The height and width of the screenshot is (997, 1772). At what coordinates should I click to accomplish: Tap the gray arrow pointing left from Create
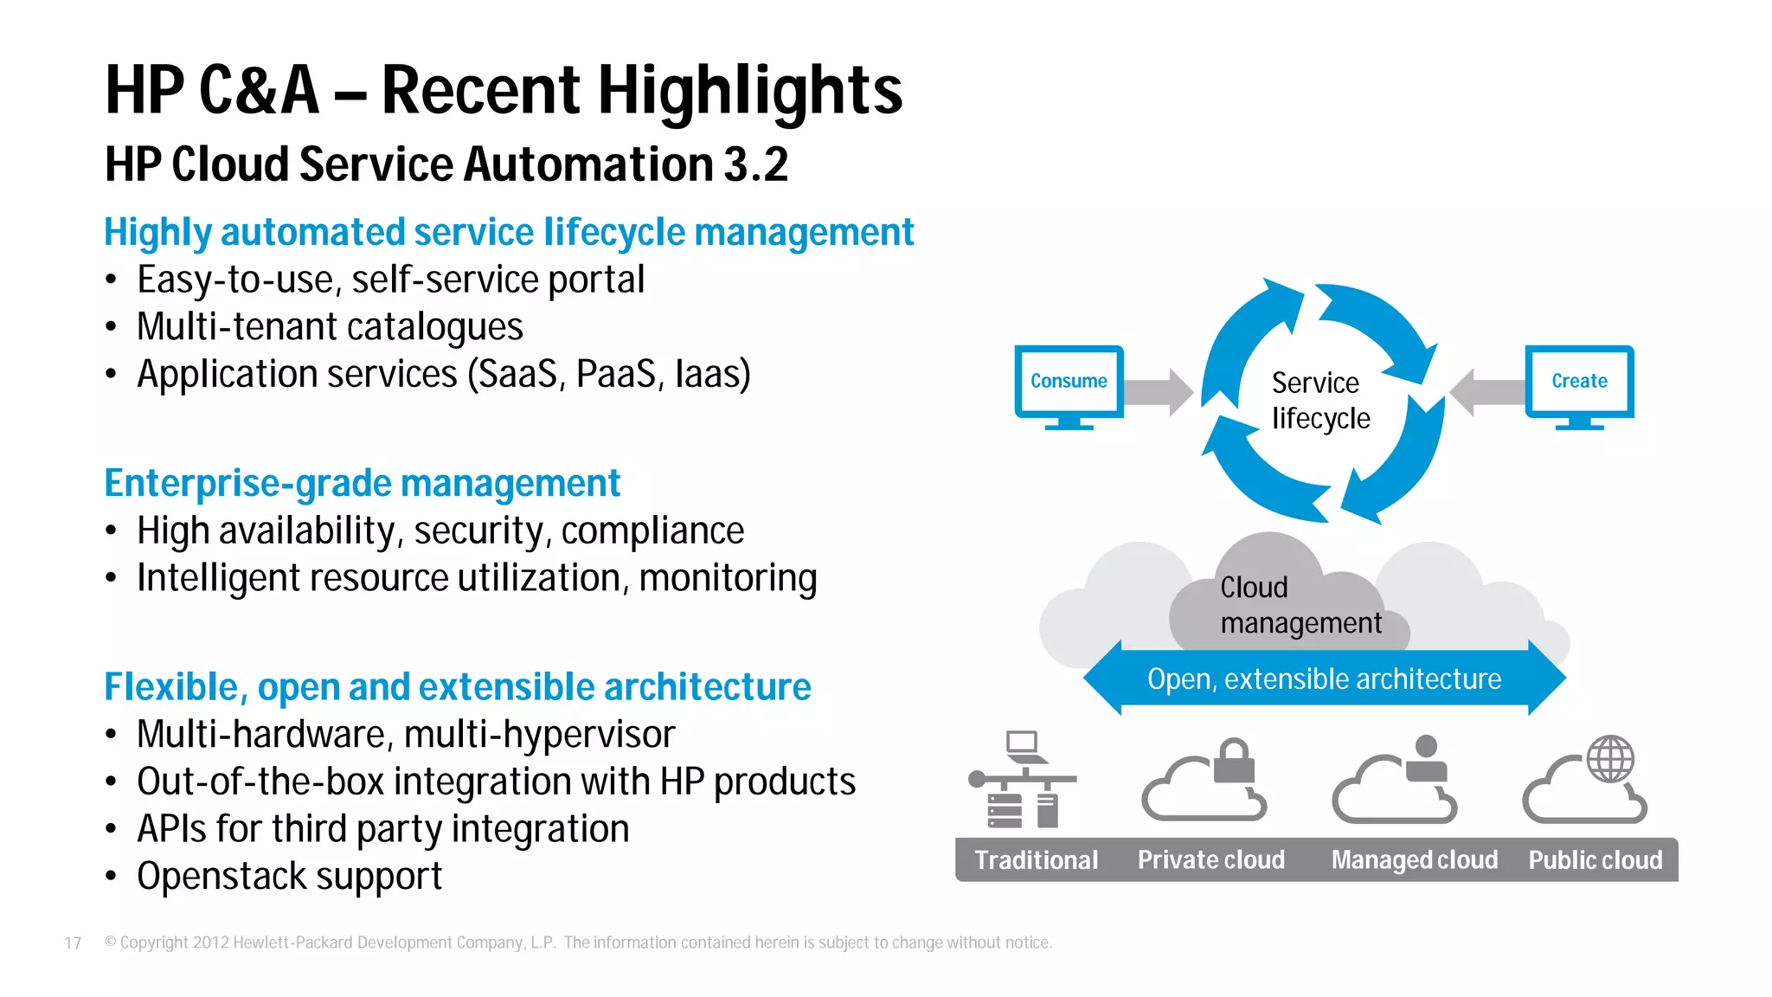[1486, 392]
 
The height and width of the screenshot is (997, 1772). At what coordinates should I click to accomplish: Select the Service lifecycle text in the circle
[1320, 401]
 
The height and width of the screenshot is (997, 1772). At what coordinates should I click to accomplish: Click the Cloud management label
[1300, 605]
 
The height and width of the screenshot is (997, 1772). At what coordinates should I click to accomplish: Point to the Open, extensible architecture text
[1324, 679]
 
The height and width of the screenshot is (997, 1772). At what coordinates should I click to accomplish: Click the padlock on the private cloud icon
[1235, 761]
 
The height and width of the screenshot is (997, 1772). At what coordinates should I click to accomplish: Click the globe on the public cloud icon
[1610, 759]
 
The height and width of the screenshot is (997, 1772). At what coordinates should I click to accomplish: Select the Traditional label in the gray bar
[1036, 860]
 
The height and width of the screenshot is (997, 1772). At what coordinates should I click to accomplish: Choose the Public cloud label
[1595, 860]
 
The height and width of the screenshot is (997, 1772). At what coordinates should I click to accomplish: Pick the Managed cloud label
[1414, 860]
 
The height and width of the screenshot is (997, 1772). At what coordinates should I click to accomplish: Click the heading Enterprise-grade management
[362, 484]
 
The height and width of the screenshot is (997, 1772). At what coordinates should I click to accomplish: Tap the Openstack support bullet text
[289, 877]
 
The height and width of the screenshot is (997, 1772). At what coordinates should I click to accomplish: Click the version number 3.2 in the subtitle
[755, 164]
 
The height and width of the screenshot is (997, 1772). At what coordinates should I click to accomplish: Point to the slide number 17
[73, 943]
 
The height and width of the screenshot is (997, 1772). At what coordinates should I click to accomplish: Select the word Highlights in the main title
[749, 90]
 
